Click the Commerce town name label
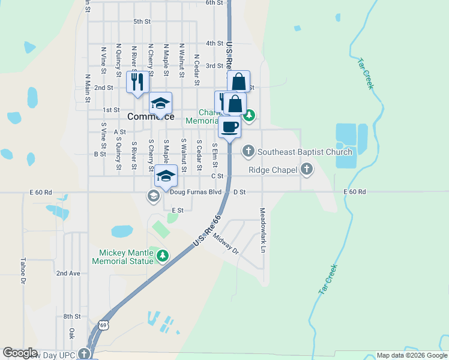pos(151,116)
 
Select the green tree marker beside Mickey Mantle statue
pos(162,256)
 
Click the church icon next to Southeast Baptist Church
pos(249,152)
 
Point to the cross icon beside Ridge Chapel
pos(307,170)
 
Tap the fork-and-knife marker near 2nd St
pos(137,81)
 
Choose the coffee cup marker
pos(229,127)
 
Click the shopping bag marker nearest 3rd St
pos(238,82)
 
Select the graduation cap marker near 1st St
pos(160,103)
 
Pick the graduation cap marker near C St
pos(166,175)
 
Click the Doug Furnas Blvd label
pos(196,192)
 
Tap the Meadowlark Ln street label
pos(263,230)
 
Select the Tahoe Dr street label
pos(23,271)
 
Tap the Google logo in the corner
pos(20,353)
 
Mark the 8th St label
pos(72,316)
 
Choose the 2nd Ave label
pos(68,273)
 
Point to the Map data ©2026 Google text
pos(411,355)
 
